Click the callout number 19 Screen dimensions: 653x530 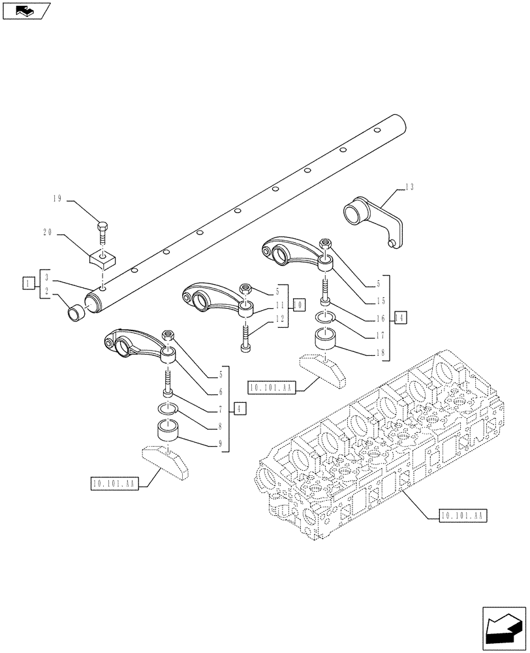[x=57, y=199]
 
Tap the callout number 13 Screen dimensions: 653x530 [x=409, y=187]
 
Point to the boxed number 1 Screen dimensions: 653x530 [x=27, y=283]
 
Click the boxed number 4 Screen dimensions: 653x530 [x=241, y=409]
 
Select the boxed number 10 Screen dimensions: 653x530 [x=298, y=304]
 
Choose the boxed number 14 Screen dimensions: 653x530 [x=400, y=317]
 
